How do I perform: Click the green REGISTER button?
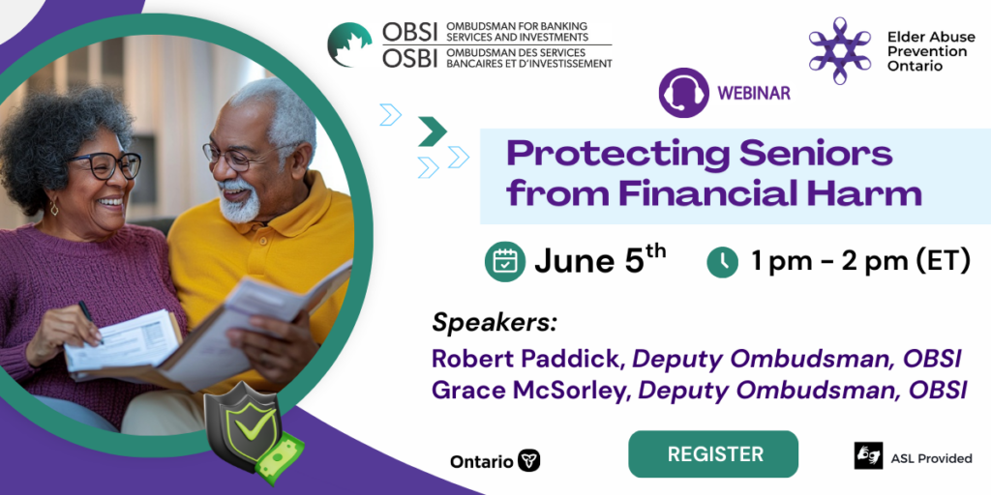pos(713,454)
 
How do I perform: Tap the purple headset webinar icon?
pos(683,93)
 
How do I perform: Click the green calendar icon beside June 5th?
pos(505,261)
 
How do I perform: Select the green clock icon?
pos(723,262)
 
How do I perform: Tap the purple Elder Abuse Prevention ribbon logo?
pos(839,50)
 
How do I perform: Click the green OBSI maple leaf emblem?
pos(349,44)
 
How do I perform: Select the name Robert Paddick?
pos(529,359)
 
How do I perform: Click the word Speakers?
pos(495,323)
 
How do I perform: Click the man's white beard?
pos(243,201)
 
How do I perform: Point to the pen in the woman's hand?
pos(90,321)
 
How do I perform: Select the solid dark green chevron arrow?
pos(433,131)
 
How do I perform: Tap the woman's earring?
pos(54,207)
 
